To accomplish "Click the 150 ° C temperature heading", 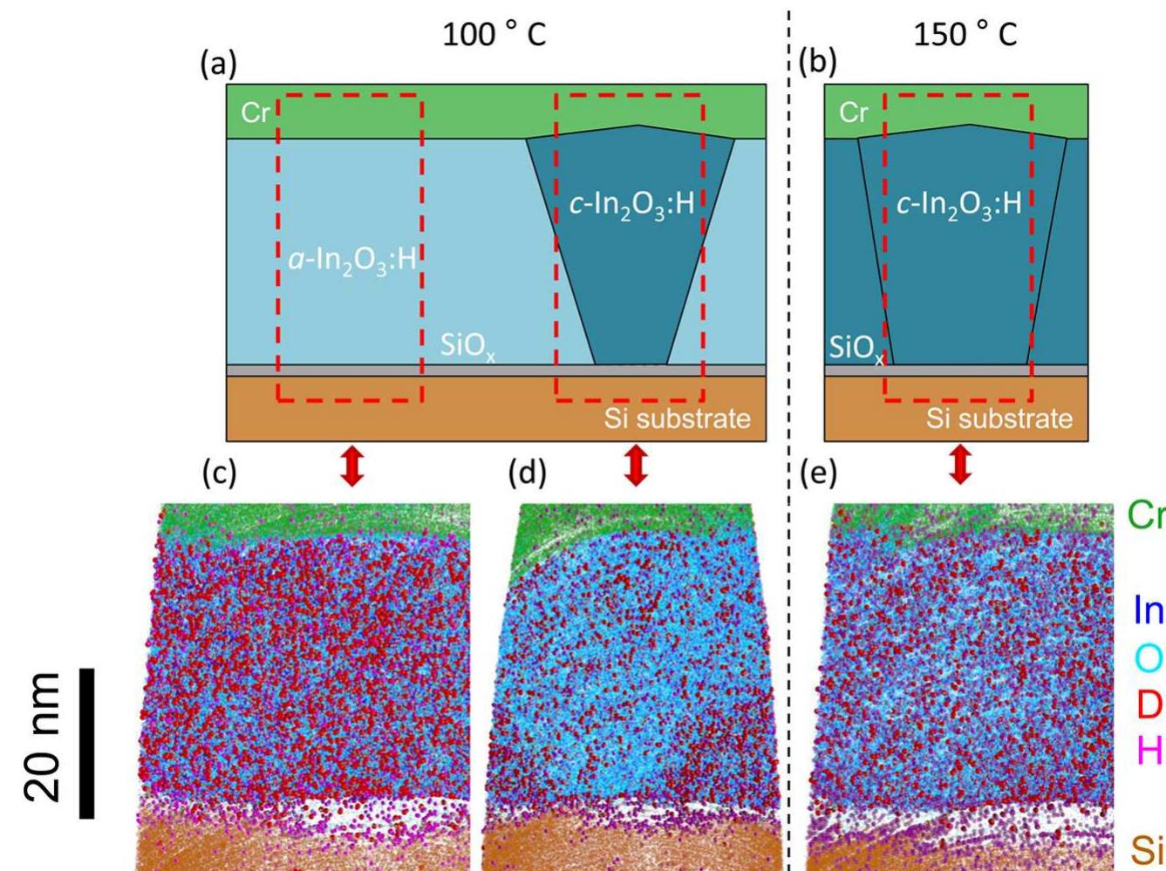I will pos(964,35).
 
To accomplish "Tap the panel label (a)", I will pos(219,65).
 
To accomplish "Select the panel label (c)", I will pos(219,473).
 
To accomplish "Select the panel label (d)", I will pos(528,473).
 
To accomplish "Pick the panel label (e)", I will pos(818,473).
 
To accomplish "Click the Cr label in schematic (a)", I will pos(256,112).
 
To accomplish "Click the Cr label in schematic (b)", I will pos(853,112).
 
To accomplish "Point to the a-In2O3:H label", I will pos(351,259).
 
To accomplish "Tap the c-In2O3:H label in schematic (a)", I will pos(631,206).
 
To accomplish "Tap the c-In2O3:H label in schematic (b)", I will pos(958,206).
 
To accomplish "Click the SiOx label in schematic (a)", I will pos(467,347).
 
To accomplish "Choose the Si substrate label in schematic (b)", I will pos(999,418).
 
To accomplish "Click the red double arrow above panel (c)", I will pos(352,466).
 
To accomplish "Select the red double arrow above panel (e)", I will pos(960,466).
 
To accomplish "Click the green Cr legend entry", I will pos(1145,515).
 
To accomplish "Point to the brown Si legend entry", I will pos(1147,847).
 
